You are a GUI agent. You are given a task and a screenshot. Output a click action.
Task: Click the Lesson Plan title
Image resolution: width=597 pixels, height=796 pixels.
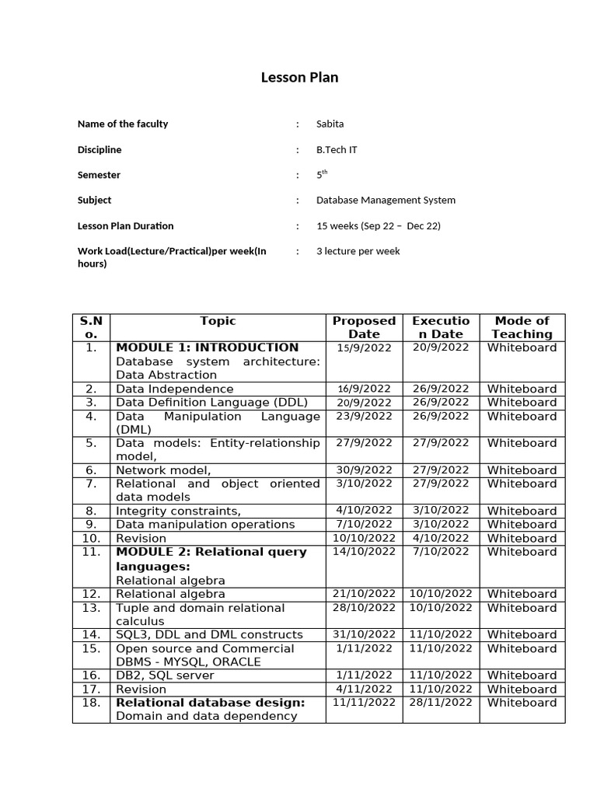pos(298,78)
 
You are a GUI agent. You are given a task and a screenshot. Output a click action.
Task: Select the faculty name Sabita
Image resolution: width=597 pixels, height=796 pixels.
pos(330,124)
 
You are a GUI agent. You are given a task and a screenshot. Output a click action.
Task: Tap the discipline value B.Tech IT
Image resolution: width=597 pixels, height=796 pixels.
pos(337,150)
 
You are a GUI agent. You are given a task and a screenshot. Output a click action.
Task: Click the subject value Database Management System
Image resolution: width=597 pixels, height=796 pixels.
pos(386,201)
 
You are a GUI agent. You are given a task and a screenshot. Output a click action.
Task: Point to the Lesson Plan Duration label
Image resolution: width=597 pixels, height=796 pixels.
pos(125,226)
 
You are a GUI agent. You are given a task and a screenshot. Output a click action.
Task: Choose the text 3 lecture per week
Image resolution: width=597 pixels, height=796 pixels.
pos(358,252)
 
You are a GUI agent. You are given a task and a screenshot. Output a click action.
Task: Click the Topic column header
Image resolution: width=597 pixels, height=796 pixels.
pos(218,321)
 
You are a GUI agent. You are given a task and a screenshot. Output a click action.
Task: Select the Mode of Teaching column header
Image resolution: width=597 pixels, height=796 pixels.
pos(522,327)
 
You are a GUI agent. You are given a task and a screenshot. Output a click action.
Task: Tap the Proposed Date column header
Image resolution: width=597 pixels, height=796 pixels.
pos(364,327)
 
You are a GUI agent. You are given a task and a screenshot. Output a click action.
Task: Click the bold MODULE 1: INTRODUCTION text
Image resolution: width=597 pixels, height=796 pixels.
pos(207,347)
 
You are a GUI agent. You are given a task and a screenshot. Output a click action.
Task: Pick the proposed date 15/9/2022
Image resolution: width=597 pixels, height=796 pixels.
pos(364,348)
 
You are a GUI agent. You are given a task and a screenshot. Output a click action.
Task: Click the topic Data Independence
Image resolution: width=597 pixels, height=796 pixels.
pos(174,389)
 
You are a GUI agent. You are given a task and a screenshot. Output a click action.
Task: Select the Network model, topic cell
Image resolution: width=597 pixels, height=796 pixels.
pos(163,470)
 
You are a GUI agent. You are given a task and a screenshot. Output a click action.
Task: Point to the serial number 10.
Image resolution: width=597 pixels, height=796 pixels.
pos(91,538)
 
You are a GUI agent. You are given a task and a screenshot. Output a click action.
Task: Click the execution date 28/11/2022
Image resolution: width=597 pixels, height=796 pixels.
pos(441,703)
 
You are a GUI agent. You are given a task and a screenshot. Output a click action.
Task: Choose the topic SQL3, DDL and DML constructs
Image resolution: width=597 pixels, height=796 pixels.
pos(209,634)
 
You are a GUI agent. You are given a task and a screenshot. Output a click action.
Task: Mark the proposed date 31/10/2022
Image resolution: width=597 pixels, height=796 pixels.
pos(364,635)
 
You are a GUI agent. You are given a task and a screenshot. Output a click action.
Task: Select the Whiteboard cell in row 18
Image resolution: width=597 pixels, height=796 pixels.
pos(522,703)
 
